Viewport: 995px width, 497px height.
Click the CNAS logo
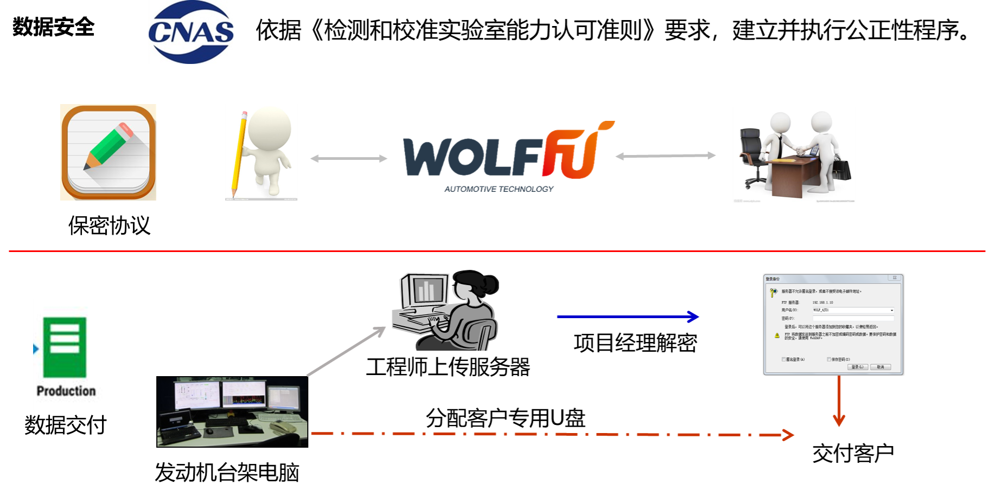point(191,31)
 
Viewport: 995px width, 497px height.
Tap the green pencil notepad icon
point(109,152)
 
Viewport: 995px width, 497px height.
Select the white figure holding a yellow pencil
point(261,152)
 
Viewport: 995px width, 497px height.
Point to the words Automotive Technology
point(499,189)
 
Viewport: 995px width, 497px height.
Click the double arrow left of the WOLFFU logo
point(348,158)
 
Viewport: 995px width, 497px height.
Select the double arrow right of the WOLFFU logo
point(665,156)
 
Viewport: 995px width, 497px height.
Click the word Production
point(66,391)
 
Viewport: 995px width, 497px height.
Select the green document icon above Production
point(65,347)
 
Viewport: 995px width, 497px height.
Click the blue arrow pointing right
point(628,317)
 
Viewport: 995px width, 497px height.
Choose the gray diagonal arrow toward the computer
point(346,351)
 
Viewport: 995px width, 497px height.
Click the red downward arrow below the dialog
point(839,401)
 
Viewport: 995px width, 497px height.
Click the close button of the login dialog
point(895,278)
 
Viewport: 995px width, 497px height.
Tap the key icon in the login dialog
point(774,293)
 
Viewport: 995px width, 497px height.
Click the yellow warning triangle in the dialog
point(777,335)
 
